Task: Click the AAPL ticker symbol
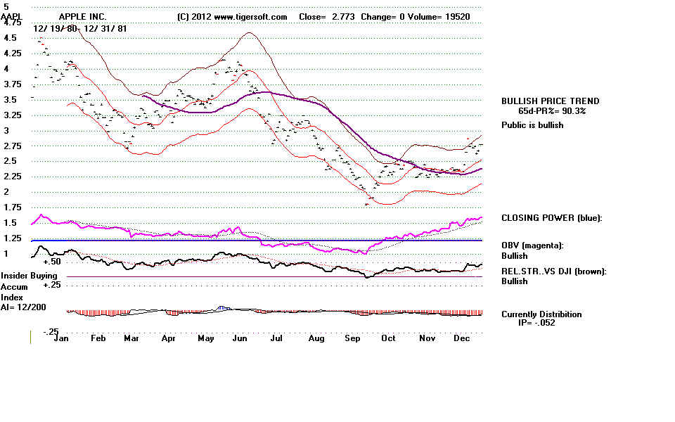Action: click(13, 16)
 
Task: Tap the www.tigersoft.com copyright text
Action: click(232, 16)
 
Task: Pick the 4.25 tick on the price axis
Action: click(12, 53)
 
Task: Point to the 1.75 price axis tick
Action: click(12, 207)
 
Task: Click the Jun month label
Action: click(240, 338)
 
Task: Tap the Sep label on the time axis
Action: click(352, 338)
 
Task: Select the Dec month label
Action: click(462, 338)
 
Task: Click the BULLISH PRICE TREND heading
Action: click(550, 101)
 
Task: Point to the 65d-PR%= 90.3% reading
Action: click(552, 111)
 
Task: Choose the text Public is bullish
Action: click(532, 125)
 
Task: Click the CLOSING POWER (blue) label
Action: click(551, 218)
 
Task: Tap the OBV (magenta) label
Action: click(532, 245)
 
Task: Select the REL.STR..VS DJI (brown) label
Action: click(554, 271)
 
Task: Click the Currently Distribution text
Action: click(541, 314)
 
